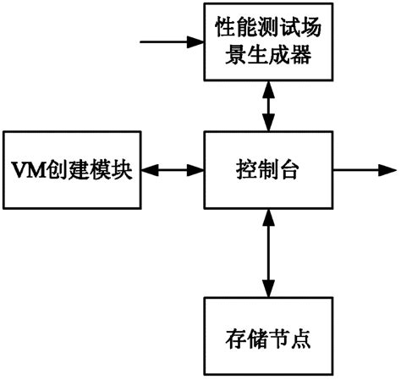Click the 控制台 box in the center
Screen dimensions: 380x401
(x=267, y=170)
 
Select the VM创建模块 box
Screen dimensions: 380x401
(x=70, y=170)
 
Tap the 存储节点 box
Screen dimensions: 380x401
(x=267, y=339)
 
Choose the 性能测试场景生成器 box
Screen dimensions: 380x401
(x=267, y=41)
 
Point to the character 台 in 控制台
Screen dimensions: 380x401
(x=290, y=170)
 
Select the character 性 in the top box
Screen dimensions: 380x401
(x=219, y=30)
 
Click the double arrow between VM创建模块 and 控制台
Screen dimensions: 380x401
(x=170, y=170)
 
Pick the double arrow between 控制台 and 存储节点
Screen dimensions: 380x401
(x=267, y=254)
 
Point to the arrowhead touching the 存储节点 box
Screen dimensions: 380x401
(x=267, y=289)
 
